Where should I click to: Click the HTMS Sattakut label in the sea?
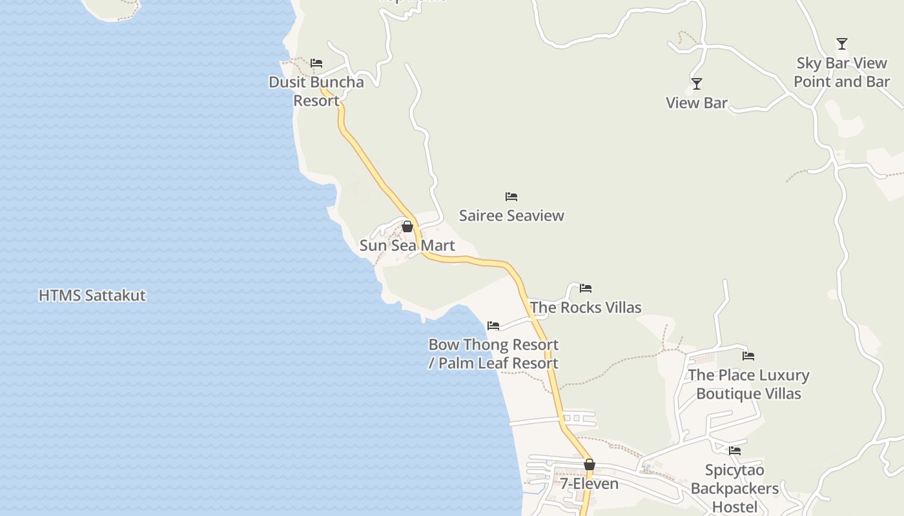pyautogui.click(x=92, y=295)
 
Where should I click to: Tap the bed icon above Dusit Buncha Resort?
pyautogui.click(x=316, y=63)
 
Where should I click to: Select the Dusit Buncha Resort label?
pyautogui.click(x=316, y=91)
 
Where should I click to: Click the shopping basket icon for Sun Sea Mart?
pyautogui.click(x=407, y=226)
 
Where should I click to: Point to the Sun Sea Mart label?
pyautogui.click(x=407, y=246)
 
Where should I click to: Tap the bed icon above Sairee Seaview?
pyautogui.click(x=511, y=197)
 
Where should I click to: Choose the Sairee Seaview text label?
pyautogui.click(x=511, y=215)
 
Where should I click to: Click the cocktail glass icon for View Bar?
pyautogui.click(x=697, y=84)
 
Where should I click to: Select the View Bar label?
pyautogui.click(x=697, y=103)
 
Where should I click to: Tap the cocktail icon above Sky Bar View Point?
pyautogui.click(x=842, y=44)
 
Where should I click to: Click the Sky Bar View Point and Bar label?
pyautogui.click(x=841, y=72)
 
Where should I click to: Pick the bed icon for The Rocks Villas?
pyautogui.click(x=586, y=288)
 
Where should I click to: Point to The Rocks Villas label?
pyautogui.click(x=586, y=307)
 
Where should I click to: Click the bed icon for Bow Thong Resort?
pyautogui.click(x=493, y=326)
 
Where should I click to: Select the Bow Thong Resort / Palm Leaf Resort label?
pyautogui.click(x=493, y=353)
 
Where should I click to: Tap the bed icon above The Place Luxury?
pyautogui.click(x=748, y=356)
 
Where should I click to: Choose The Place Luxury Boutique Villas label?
pyautogui.click(x=748, y=384)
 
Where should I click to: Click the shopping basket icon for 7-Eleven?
pyautogui.click(x=590, y=464)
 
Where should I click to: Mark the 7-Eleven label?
pyautogui.click(x=589, y=484)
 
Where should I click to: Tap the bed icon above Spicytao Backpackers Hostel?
pyautogui.click(x=735, y=451)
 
